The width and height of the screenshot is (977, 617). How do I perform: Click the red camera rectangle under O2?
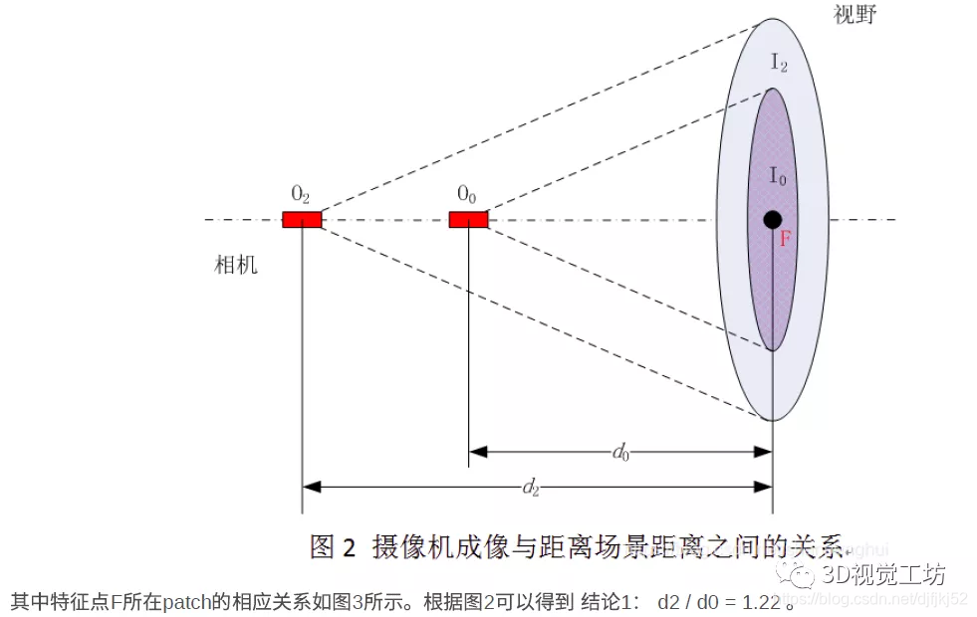302,219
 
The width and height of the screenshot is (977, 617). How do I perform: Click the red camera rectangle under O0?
468,219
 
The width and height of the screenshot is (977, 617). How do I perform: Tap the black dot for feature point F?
772,219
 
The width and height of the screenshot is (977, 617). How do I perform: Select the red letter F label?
785,239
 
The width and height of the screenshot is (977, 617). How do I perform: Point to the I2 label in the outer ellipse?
779,62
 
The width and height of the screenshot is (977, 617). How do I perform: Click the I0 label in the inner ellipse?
778,177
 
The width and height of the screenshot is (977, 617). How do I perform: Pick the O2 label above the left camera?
300,193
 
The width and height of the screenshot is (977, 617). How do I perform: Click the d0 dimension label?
620,453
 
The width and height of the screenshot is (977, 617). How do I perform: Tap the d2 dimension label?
531,488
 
